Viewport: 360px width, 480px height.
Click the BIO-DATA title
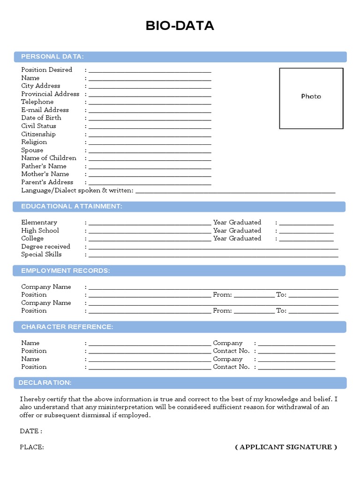[180, 26]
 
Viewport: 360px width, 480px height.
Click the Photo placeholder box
[311, 98]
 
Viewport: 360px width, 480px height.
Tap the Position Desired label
[46, 70]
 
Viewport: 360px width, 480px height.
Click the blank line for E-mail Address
[150, 111]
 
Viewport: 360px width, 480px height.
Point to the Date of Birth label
[41, 118]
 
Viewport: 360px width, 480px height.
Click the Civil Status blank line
[150, 127]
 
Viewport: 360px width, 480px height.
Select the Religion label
[34, 142]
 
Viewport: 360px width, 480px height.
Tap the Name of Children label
[48, 158]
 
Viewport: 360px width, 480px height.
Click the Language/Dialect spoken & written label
[77, 190]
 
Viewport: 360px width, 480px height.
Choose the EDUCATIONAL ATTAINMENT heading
[71, 206]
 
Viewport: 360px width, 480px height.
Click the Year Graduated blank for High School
[306, 232]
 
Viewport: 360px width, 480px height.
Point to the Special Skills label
[41, 255]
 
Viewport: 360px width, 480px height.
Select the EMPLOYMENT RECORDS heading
[65, 270]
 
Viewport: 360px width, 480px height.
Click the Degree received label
[45, 247]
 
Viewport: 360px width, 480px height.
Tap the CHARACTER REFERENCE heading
[67, 327]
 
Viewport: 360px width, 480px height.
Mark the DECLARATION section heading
[45, 383]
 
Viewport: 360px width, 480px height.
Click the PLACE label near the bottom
[32, 447]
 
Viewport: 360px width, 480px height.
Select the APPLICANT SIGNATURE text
[286, 447]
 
